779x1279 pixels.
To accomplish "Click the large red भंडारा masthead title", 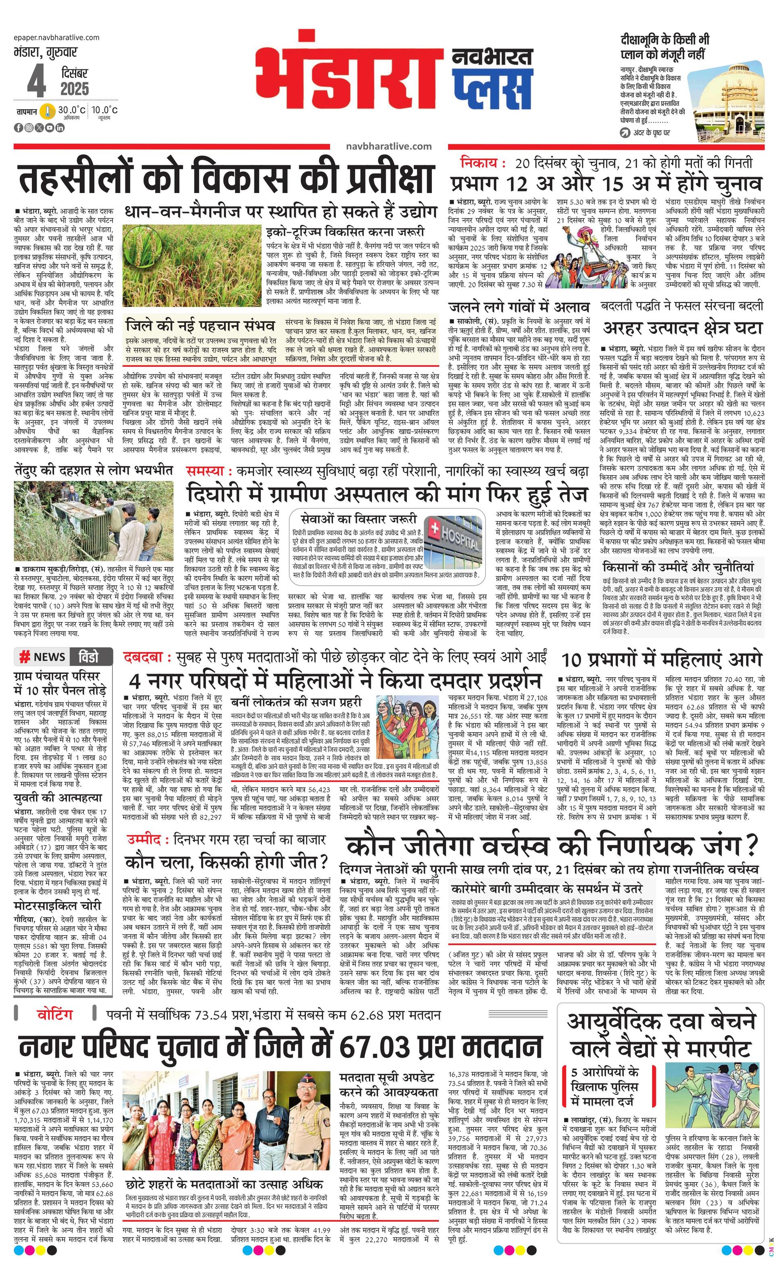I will click(x=348, y=78).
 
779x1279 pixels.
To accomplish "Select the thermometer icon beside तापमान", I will click(x=48, y=112).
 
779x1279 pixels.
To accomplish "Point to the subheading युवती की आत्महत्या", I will click(x=58, y=798).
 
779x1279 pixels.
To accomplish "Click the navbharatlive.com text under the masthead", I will click(x=388, y=147).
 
